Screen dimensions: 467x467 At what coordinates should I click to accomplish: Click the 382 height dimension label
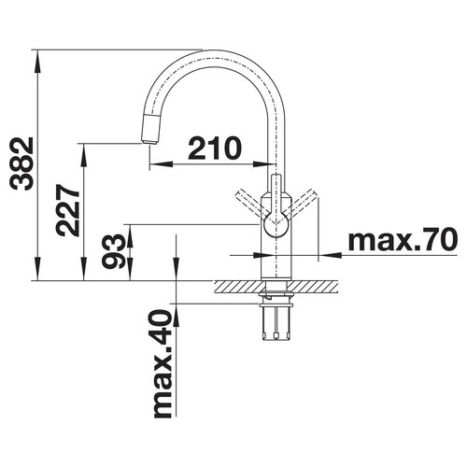21,163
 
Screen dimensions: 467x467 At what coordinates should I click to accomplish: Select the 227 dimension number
67,210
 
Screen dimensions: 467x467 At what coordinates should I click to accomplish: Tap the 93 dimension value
113,251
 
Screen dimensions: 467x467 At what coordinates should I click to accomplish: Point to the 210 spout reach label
215,148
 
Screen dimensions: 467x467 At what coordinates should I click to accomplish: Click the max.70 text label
403,239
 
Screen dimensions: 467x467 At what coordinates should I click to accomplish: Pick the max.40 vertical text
163,363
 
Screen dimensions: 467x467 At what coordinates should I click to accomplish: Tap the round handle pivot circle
276,225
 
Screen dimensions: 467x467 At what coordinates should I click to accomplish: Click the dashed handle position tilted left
250,204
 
